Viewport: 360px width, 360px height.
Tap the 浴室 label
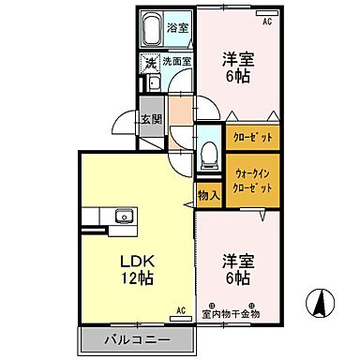(177, 28)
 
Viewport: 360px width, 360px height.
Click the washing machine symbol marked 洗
(150, 63)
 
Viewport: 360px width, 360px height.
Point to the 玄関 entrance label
(152, 118)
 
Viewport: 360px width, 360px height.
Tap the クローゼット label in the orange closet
(253, 137)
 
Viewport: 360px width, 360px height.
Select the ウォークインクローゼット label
(253, 180)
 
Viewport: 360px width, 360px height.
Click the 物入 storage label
(208, 195)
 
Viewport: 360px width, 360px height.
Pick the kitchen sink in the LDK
(123, 217)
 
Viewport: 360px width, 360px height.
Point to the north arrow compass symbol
(320, 303)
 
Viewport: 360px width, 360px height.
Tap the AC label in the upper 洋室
(266, 22)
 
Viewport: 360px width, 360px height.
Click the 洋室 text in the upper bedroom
(237, 58)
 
